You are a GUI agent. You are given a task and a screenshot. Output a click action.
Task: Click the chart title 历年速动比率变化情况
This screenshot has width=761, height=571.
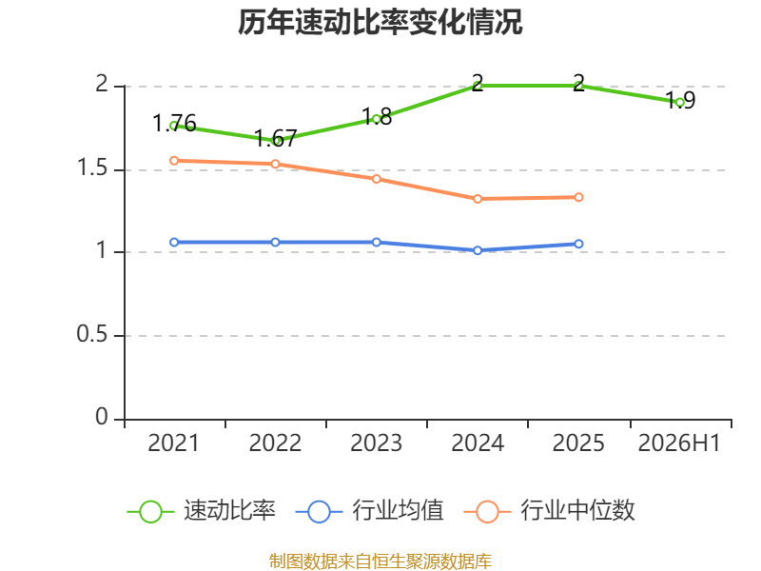pos(380,22)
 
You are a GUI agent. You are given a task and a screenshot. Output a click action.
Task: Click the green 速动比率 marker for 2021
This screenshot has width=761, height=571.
pos(174,126)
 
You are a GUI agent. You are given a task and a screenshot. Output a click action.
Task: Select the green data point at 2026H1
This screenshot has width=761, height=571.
pos(680,103)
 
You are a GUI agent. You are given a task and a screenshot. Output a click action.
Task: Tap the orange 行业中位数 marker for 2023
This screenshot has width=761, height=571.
pos(376,179)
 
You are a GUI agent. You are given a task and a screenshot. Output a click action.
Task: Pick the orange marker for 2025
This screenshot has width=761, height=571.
pos(578,197)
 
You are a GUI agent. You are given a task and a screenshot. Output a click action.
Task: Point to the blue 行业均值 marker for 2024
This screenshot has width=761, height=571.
pos(478,250)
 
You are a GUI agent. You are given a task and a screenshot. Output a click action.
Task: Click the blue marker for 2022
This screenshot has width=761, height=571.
pos(275,243)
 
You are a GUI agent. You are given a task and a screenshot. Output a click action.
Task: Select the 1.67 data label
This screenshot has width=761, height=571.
pos(275,138)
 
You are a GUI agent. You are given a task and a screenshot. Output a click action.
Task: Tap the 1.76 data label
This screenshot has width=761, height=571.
pos(174,124)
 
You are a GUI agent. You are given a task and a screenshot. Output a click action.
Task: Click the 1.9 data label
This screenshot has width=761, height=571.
pos(680,100)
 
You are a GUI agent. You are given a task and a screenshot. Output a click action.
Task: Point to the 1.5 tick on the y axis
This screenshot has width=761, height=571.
pos(92,167)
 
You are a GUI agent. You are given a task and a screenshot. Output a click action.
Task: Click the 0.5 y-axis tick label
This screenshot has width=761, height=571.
pos(92,334)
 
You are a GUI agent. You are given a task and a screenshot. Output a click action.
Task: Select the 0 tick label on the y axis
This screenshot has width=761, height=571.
pos(102,417)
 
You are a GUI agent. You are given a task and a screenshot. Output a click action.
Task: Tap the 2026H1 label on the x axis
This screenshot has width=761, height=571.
pos(679,443)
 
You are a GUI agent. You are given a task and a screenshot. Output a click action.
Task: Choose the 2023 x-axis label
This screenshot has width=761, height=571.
pos(376,443)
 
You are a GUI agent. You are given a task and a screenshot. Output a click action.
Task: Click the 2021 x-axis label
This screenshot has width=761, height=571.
pos(173,443)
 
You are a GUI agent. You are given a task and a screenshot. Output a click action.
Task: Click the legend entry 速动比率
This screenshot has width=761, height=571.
pos(202,511)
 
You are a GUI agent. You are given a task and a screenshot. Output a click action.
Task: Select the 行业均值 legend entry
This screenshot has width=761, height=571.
pos(369,511)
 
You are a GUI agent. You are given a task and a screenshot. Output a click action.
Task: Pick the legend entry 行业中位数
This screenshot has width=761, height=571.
pos(549,511)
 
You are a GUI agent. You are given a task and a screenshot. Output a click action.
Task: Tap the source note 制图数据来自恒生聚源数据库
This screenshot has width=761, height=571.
pos(380,561)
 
